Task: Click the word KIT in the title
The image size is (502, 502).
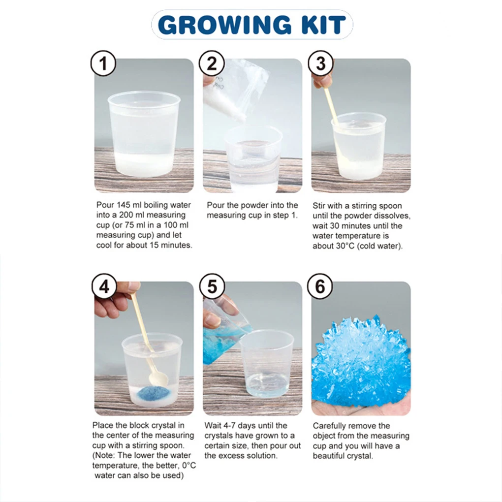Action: pos(324,25)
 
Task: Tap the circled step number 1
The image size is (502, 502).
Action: pos(103,63)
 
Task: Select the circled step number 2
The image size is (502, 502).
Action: pos(212,63)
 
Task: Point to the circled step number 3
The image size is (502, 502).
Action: pos(320,63)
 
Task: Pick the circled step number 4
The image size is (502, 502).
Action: pos(104,286)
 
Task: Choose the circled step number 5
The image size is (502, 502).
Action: pos(212,286)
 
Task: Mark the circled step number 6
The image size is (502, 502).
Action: pos(320,286)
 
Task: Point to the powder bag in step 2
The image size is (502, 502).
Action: pos(236,90)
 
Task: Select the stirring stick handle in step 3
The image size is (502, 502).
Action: pos(331,106)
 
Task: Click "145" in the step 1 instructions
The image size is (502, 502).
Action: pos(123,205)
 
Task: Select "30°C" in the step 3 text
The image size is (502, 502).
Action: pos(347,246)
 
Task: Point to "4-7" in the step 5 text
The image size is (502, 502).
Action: pos(230,426)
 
